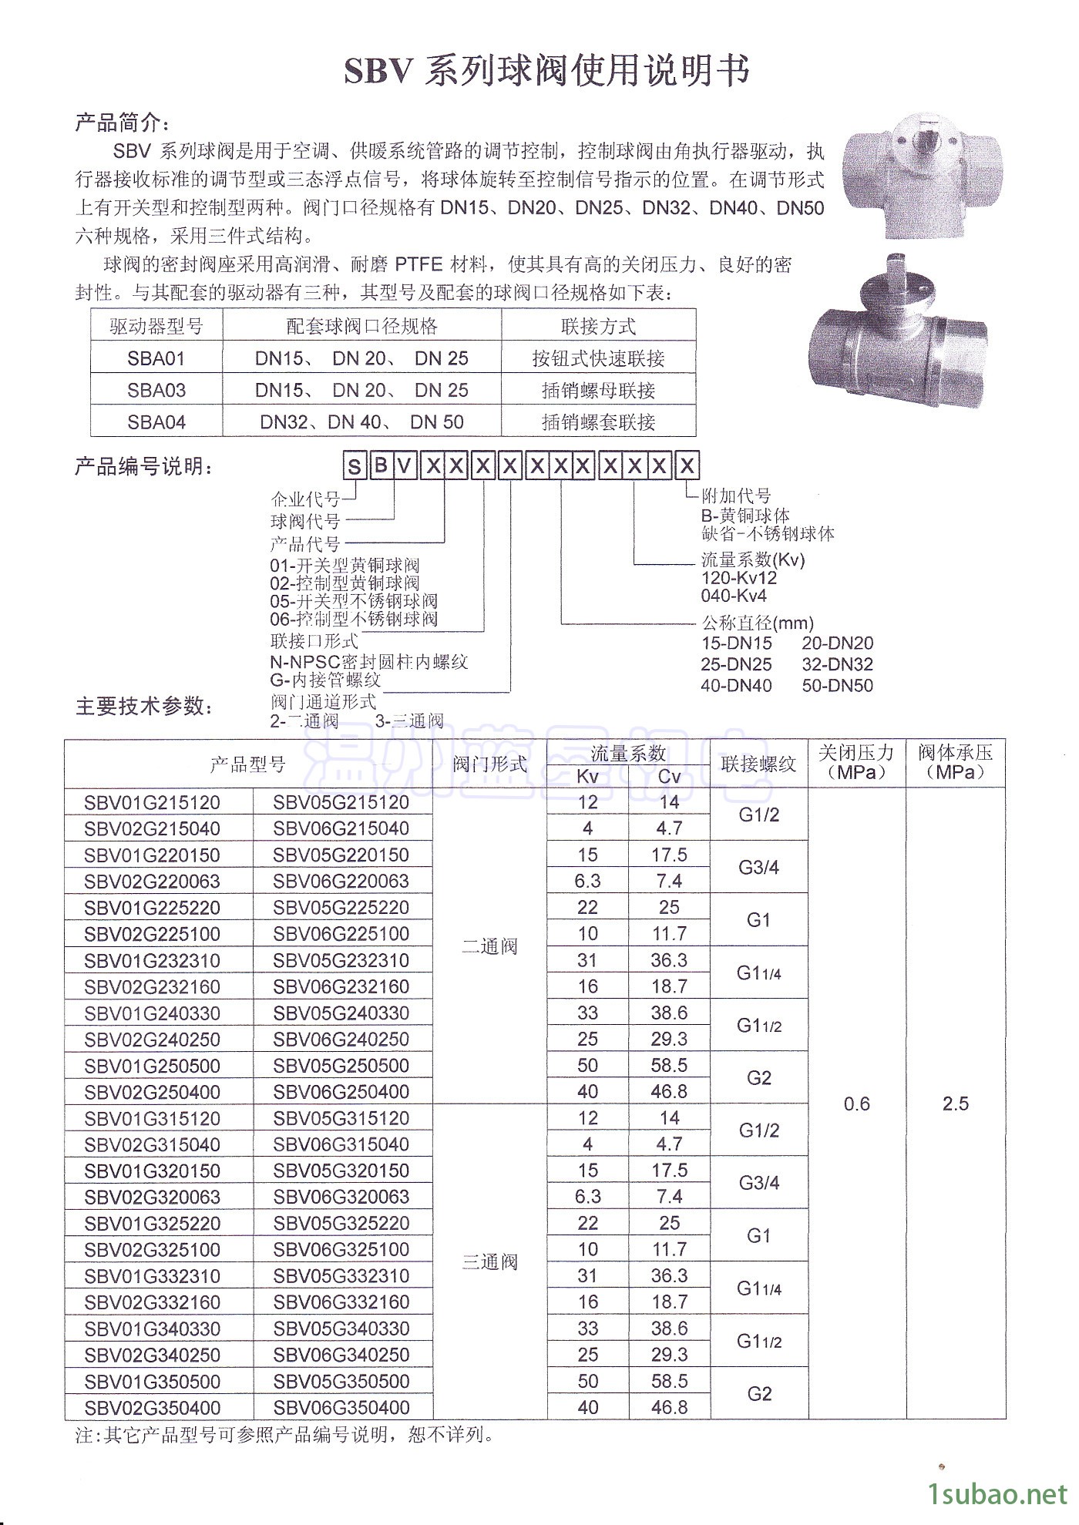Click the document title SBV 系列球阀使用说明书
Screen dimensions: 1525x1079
click(546, 72)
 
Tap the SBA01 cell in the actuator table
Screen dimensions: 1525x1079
click(156, 358)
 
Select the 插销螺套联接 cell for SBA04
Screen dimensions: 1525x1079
click(598, 422)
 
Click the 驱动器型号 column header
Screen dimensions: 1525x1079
click(156, 326)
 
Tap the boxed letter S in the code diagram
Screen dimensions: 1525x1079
click(355, 466)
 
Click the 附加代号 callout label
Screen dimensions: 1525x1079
click(736, 496)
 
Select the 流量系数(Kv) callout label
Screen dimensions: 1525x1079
click(753, 559)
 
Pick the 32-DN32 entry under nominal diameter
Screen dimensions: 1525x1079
click(837, 664)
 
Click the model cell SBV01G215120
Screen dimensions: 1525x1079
click(153, 803)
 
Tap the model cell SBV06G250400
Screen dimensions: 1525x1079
click(341, 1092)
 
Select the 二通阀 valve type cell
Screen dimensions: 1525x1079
click(489, 946)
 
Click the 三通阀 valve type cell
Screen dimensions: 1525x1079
click(489, 1262)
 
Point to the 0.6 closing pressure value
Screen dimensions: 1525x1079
click(856, 1104)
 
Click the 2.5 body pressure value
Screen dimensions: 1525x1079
click(955, 1104)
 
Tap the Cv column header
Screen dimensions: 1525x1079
click(669, 777)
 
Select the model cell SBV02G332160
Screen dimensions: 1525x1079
click(153, 1302)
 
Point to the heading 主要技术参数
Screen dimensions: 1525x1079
click(143, 707)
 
